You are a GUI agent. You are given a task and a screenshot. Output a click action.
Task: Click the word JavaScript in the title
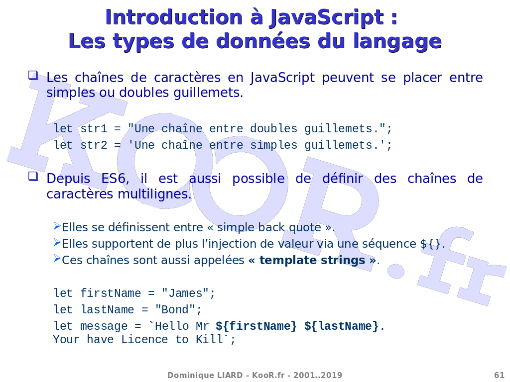327,18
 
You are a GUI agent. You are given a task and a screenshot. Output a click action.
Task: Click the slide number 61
499,375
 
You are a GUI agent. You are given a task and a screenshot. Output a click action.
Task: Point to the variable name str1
94,129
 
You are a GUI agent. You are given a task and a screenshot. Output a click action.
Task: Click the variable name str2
94,145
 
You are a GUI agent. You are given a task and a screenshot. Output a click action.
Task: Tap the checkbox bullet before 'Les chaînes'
33,76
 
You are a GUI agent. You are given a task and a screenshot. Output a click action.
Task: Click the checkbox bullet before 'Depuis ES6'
33,177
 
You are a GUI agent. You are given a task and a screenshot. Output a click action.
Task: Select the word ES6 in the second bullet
115,179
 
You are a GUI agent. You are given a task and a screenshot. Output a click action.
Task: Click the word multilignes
154,194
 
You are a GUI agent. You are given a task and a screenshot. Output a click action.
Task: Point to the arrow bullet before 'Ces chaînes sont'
57,259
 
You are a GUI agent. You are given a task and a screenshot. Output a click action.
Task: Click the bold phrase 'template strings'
312,261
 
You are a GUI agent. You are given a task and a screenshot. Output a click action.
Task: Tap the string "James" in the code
185,293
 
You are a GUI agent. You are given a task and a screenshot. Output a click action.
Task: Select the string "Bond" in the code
175,309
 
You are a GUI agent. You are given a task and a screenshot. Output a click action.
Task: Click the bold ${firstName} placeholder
256,326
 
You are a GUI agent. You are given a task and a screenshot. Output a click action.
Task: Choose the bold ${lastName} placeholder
342,326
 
